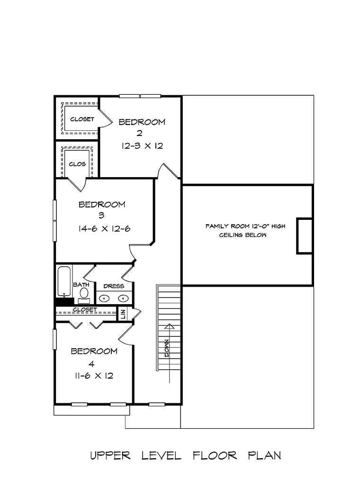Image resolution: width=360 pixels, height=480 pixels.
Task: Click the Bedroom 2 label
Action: pyautogui.click(x=142, y=127)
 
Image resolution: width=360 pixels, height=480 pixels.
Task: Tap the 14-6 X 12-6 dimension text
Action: pyautogui.click(x=104, y=229)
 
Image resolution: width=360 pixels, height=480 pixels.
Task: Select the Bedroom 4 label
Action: pyautogui.click(x=94, y=357)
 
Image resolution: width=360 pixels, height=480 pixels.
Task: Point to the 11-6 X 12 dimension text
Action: pyautogui.click(x=94, y=376)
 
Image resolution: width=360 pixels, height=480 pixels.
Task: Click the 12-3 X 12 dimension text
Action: pyautogui.click(x=142, y=146)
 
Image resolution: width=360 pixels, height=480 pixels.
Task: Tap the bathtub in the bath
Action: pyautogui.click(x=64, y=281)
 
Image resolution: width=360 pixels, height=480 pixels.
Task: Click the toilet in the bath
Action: pyautogui.click(x=83, y=295)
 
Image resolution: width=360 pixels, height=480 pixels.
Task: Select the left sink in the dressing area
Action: pyautogui.click(x=104, y=298)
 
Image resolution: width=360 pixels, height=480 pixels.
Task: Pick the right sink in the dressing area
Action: pyautogui.click(x=123, y=298)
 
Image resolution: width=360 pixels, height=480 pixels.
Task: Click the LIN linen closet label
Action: pyautogui.click(x=123, y=314)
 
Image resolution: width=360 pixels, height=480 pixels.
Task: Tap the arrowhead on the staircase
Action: pyautogui.click(x=169, y=326)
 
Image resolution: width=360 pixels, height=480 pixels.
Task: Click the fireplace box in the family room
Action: pyautogui.click(x=304, y=236)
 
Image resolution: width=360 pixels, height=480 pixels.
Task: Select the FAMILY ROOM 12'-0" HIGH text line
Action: pyautogui.click(x=245, y=226)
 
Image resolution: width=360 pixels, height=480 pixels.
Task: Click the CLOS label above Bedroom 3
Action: pyautogui.click(x=77, y=164)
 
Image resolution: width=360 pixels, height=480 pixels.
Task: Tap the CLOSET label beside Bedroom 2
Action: pyautogui.click(x=82, y=119)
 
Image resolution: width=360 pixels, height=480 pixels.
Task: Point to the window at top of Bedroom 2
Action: pyautogui.click(x=140, y=96)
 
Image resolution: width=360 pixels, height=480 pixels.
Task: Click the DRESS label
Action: pyautogui.click(x=114, y=286)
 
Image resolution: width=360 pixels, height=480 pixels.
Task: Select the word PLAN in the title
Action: pyautogui.click(x=264, y=455)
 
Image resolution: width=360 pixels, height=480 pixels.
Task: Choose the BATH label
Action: pyautogui.click(x=81, y=285)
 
